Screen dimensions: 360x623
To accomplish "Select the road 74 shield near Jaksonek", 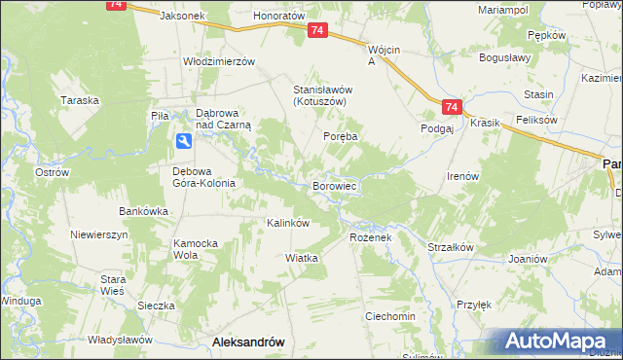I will [x=118, y=5].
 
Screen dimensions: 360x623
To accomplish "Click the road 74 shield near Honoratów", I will [x=317, y=31].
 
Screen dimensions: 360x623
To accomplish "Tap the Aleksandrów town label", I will [x=247, y=342].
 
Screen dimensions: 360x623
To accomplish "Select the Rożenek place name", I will [x=370, y=237].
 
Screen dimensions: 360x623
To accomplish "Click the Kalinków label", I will [x=288, y=223].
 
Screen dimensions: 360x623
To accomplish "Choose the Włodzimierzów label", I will [x=219, y=60].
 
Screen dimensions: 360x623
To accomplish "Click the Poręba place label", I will [x=342, y=137].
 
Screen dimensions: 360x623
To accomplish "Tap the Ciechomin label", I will [x=390, y=317].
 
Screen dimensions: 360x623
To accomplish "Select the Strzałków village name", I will [x=451, y=247].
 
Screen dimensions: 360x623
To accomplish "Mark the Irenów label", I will [x=462, y=176].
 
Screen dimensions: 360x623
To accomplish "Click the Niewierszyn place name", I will [x=99, y=235].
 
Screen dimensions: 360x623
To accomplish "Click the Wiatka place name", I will [x=303, y=258].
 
